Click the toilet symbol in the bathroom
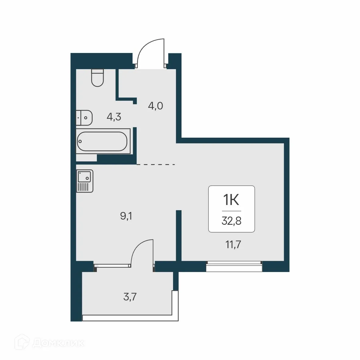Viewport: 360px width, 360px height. (x=97, y=78)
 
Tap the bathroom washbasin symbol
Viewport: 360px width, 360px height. (x=84, y=117)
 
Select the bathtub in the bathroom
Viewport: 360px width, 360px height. (x=102, y=142)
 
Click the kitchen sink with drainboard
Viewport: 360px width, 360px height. (x=85, y=181)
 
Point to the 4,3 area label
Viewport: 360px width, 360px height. (x=114, y=117)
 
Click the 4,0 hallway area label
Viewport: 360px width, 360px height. (x=155, y=106)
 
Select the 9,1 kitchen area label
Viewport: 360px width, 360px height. (x=126, y=216)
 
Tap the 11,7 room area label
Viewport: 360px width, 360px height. (x=233, y=244)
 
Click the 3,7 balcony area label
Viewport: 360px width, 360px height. (x=130, y=296)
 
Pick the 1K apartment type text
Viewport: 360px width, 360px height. (x=231, y=200)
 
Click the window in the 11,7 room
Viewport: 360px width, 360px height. (x=234, y=266)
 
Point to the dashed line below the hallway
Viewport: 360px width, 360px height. (x=156, y=164)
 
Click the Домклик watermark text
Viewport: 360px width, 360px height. (x=58, y=343)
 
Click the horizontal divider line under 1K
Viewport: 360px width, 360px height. (x=231, y=211)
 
